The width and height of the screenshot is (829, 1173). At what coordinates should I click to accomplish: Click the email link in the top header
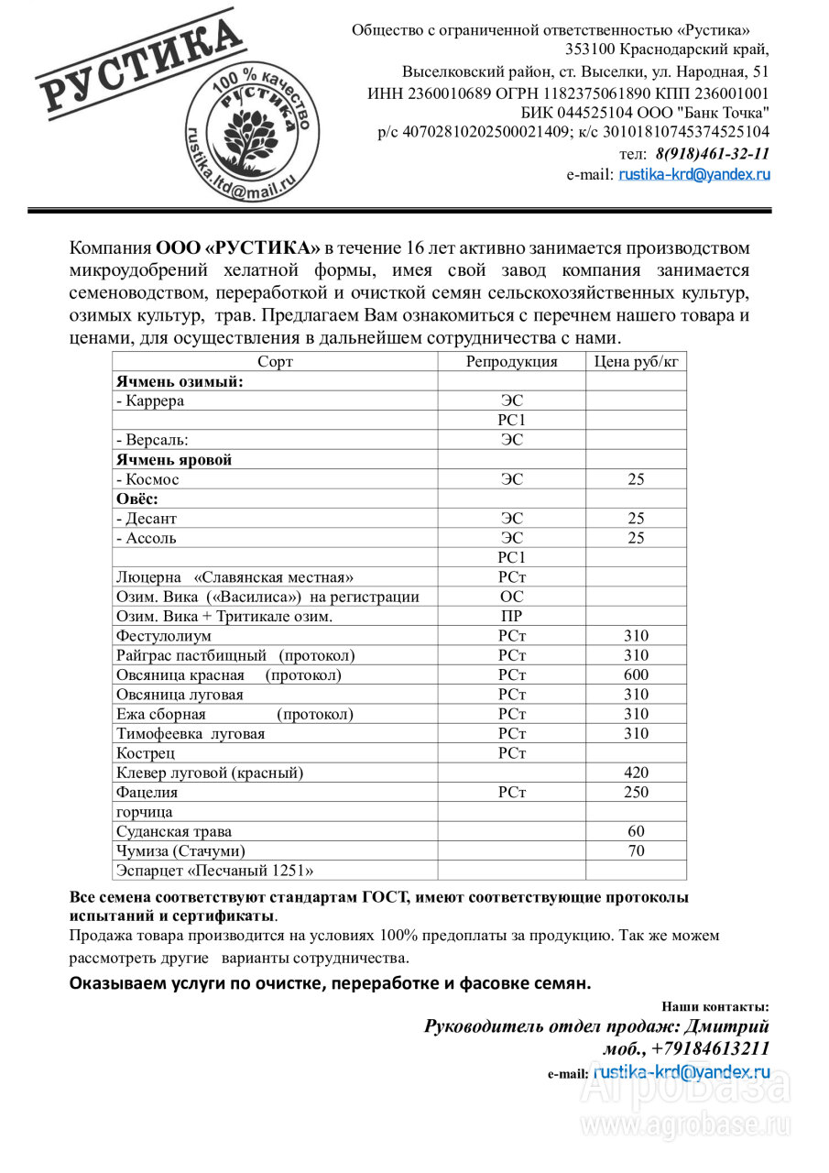point(694,174)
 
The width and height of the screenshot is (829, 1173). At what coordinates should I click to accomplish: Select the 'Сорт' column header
point(275,362)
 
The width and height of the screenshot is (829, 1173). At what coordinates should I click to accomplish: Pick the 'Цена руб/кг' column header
point(636,362)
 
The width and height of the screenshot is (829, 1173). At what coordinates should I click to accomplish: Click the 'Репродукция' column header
point(511,362)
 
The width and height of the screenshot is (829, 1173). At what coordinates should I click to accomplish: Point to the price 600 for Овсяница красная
point(636,675)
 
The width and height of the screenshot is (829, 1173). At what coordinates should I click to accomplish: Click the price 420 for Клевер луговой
point(636,773)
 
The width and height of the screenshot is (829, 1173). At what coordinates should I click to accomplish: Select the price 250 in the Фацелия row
point(636,793)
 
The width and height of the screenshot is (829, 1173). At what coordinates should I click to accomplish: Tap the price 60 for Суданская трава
point(636,831)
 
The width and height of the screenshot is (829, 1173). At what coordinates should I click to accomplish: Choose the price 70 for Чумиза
point(636,851)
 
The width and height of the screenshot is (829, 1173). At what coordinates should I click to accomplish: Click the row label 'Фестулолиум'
point(164,636)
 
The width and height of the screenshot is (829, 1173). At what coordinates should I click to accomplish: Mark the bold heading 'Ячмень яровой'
point(174,460)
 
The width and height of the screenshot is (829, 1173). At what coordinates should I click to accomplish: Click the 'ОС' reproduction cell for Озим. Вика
point(511,597)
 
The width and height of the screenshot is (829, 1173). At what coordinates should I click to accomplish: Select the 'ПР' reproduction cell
point(511,617)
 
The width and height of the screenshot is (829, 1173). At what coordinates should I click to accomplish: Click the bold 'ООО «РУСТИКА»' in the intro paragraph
point(238,248)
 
